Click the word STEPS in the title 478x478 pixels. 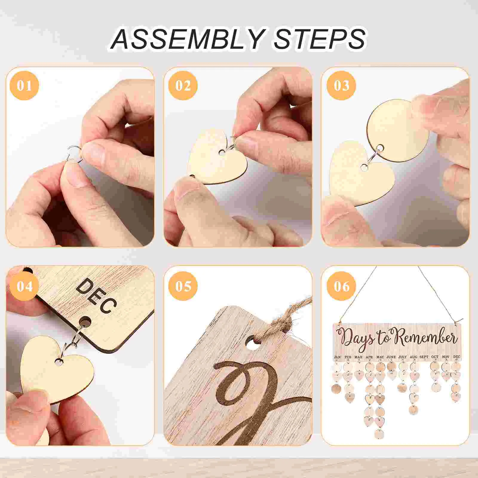pos(319,39)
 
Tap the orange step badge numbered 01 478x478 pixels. pos(24,85)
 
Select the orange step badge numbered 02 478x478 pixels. pos(183,85)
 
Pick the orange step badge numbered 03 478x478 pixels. pos(341,85)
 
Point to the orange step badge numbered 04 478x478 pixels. pos(24,286)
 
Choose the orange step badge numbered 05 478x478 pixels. pos(183,286)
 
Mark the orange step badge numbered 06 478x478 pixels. pos(341,286)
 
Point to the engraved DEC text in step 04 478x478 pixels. pos(96,296)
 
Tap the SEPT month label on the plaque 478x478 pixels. pos(424,357)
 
